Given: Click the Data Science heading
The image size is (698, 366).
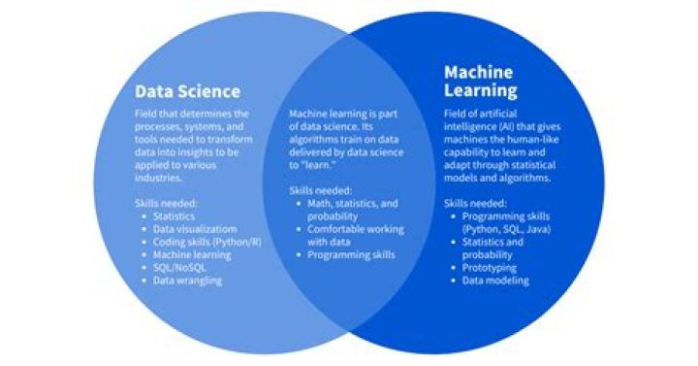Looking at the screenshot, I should coord(186,92).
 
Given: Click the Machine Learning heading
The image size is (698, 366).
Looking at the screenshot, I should coord(481,82).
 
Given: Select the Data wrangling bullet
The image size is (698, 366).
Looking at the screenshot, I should coord(188,281).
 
